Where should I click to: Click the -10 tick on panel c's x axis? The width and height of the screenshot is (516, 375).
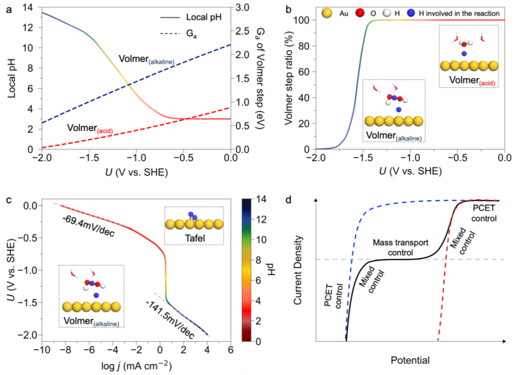(x=41, y=350)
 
